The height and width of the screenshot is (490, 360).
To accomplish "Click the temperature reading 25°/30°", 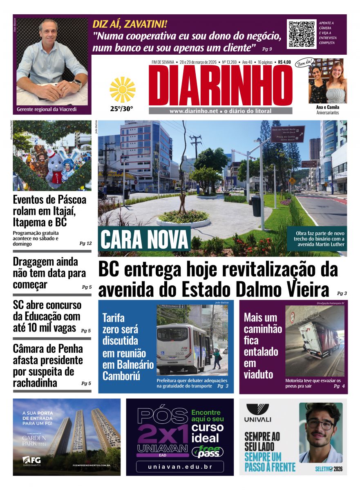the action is point(121,109).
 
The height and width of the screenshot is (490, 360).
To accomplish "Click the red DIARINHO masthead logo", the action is point(221,86).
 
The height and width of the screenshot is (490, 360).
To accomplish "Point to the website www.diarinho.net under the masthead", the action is point(193,111).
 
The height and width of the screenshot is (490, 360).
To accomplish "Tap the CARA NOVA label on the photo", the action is point(144,239).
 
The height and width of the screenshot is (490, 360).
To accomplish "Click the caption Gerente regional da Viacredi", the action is point(47,109).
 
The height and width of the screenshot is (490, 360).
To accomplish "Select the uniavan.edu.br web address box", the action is point(180,466).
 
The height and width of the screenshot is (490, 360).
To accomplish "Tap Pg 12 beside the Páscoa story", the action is point(85,243).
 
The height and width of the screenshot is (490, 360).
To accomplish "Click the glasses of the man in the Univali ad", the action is point(321,424).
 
